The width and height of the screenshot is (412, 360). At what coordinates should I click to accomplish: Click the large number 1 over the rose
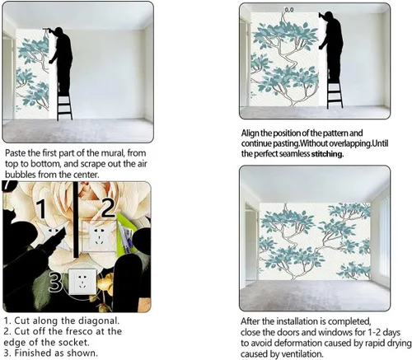43,209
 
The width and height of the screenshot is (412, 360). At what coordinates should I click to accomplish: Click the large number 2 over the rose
108,208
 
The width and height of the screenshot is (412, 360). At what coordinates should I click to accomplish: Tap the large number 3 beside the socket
56,282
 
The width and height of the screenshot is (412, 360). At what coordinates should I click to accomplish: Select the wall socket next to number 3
82,282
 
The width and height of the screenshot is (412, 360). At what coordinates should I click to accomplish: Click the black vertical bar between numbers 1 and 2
76,219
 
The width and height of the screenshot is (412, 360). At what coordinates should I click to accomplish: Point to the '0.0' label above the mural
289,10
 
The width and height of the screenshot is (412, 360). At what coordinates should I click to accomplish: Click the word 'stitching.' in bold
327,154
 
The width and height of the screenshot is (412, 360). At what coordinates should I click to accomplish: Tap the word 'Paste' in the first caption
14,152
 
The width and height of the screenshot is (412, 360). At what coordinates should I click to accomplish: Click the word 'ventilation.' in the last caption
303,353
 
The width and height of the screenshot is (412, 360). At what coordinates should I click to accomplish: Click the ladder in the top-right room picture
335,93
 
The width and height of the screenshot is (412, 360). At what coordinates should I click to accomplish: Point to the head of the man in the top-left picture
59,30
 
